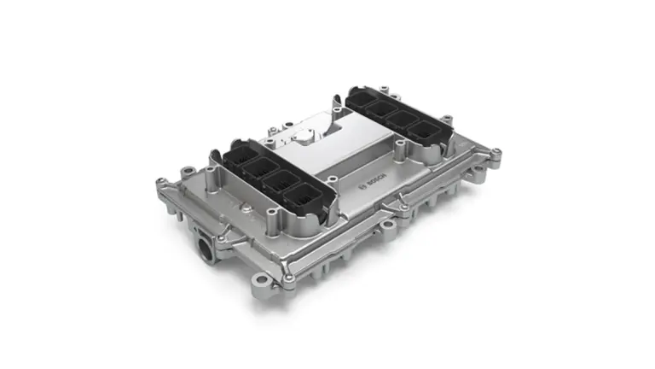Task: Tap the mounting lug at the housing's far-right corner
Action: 495,154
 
